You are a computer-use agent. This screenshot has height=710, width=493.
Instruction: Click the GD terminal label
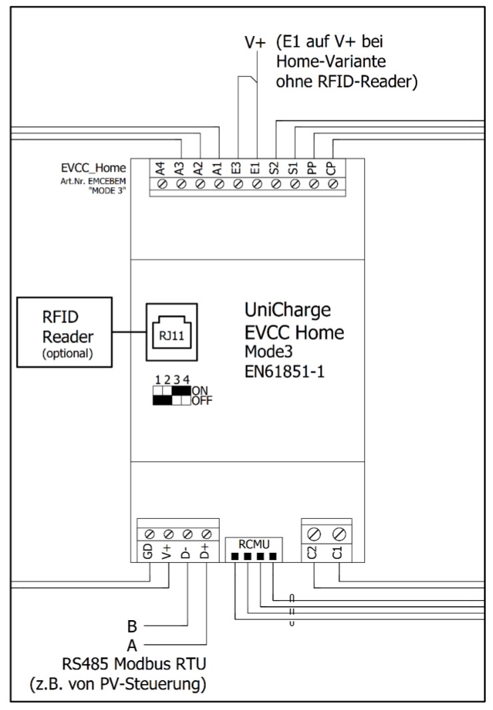tap(149, 551)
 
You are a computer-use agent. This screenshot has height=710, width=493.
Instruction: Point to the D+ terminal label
tap(207, 551)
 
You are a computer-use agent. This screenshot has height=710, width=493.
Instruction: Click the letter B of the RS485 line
tap(132, 626)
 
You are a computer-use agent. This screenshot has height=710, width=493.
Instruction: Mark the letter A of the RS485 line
tap(132, 644)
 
